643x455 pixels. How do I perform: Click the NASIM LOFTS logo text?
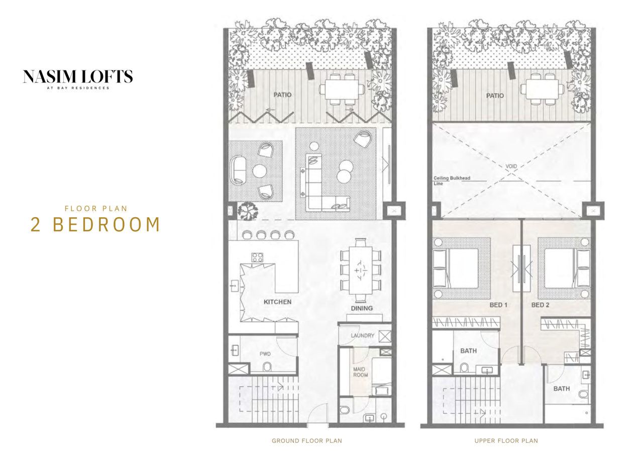78,76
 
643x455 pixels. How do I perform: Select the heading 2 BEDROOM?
95,224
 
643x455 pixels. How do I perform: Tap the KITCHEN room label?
277,302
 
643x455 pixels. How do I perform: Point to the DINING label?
362,308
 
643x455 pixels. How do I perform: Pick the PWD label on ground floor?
265,354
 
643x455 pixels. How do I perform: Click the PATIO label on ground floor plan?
283,95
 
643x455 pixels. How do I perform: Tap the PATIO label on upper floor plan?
495,96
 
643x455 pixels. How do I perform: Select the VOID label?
511,166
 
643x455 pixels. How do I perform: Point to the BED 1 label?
498,305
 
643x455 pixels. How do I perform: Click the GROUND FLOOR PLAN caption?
306,441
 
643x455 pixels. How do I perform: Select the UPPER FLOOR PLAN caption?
506,441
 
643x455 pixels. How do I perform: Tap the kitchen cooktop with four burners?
257,257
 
